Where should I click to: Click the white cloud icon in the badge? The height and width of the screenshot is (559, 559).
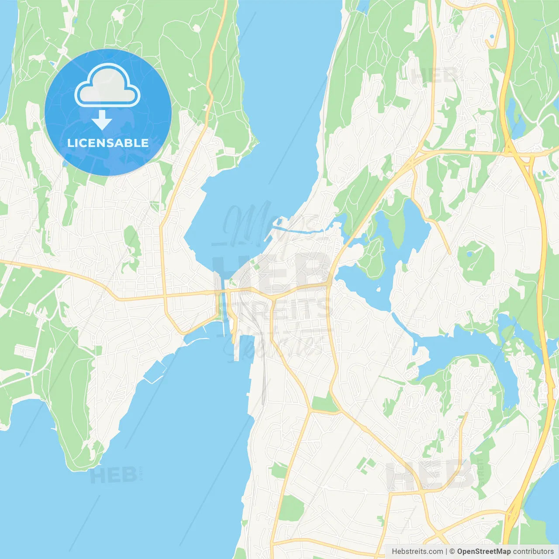[x=107, y=86]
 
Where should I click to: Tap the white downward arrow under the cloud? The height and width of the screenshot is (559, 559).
[x=102, y=120]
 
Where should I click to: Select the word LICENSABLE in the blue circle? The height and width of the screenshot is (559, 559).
[x=108, y=143]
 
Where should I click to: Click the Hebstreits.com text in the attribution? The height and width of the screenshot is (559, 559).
[x=418, y=552]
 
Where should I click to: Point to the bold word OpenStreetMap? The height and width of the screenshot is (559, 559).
[x=484, y=552]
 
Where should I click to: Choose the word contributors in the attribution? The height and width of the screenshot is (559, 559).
[x=533, y=552]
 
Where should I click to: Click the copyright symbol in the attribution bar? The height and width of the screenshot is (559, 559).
[x=452, y=552]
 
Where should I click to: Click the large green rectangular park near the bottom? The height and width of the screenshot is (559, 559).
[x=290, y=509]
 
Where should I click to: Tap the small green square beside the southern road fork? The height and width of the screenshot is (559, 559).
[x=324, y=404]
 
